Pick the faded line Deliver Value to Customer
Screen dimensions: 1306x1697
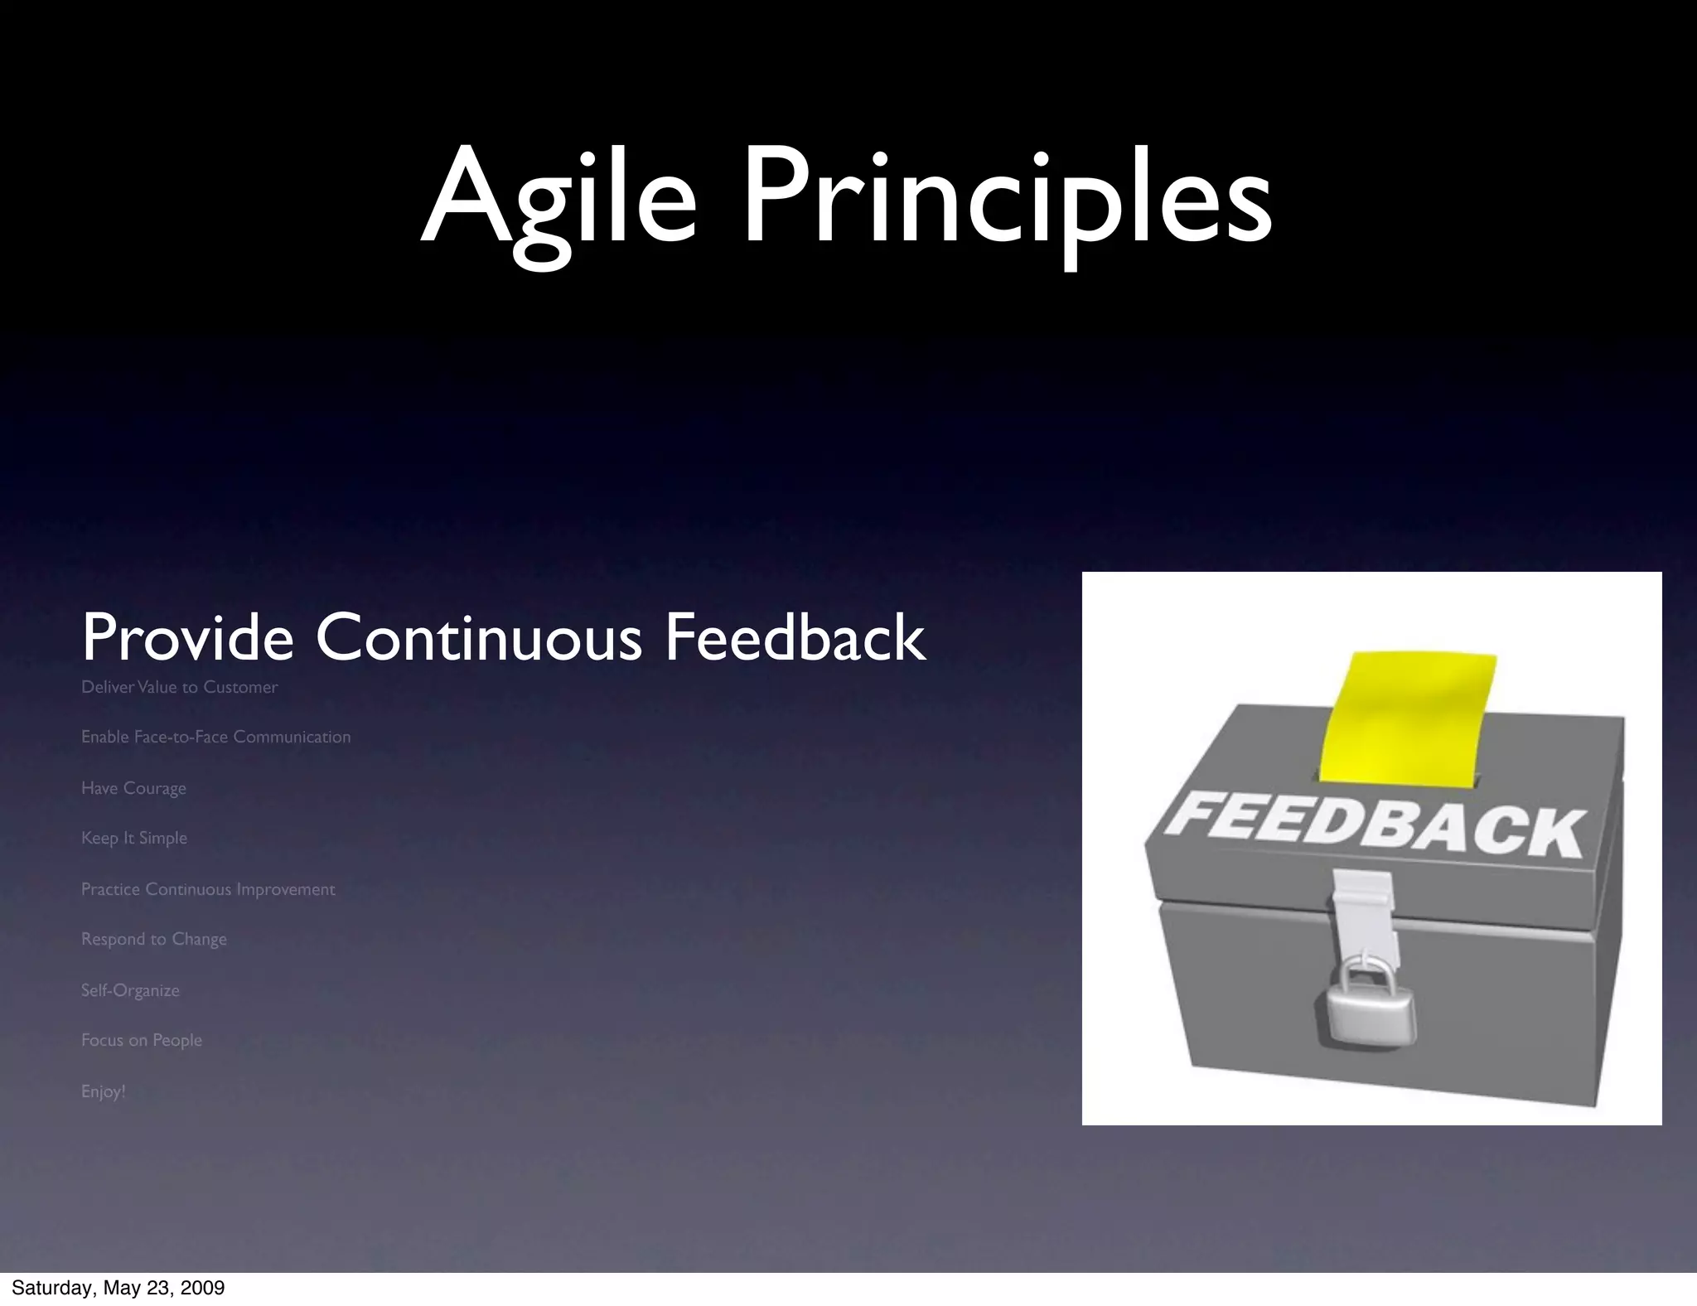(179, 687)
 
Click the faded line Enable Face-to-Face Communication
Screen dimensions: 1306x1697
(215, 737)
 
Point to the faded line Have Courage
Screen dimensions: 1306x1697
(133, 788)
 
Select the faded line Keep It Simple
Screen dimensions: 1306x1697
(134, 838)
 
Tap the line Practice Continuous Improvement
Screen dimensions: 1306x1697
(208, 889)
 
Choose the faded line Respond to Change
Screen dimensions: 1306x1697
(153, 939)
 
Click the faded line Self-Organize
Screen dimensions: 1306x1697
(130, 990)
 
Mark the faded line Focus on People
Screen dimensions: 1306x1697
(142, 1040)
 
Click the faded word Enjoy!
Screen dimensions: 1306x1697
(104, 1091)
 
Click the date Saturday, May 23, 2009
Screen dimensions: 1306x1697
(118, 1288)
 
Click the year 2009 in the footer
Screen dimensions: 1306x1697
(204, 1288)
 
